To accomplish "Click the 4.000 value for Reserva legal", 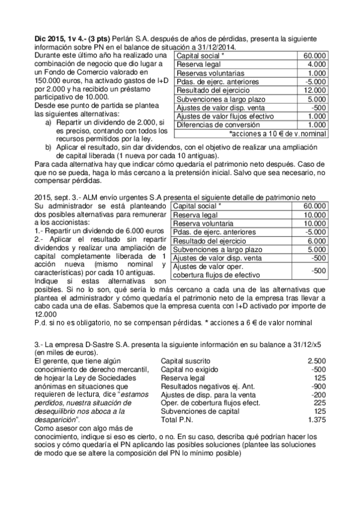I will click(317, 64).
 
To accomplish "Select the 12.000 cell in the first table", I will click(316, 90).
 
